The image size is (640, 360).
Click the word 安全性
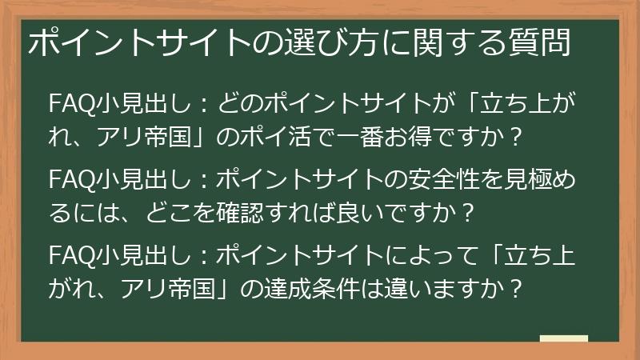[439, 178]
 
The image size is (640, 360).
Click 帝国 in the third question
[186, 286]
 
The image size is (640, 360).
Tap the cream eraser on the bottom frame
[563, 338]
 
